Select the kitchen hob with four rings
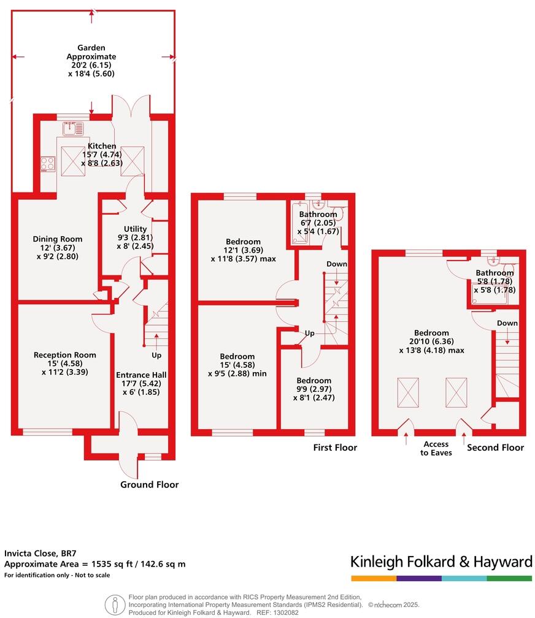tap(48, 164)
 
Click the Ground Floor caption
tap(149, 484)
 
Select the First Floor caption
tap(334, 448)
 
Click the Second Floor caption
tap(495, 448)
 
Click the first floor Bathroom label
tap(318, 215)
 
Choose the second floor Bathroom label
tap(495, 273)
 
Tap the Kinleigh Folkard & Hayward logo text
tap(441, 562)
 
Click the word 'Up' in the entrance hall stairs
tap(156, 355)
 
